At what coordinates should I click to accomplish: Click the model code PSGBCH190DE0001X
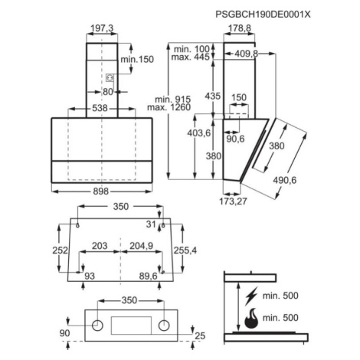[x=263, y=15]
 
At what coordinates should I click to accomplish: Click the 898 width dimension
[x=101, y=191]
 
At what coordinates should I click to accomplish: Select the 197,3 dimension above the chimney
[x=102, y=28]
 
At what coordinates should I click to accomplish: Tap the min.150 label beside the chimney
[x=137, y=59]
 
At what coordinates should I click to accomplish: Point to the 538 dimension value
[x=100, y=108]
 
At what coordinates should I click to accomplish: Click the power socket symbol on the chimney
[x=110, y=77]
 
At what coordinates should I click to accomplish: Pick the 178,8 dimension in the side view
[x=240, y=28]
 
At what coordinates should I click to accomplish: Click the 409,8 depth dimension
[x=246, y=54]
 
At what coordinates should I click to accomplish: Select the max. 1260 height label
[x=169, y=107]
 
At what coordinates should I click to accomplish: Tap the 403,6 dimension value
[x=199, y=133]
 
